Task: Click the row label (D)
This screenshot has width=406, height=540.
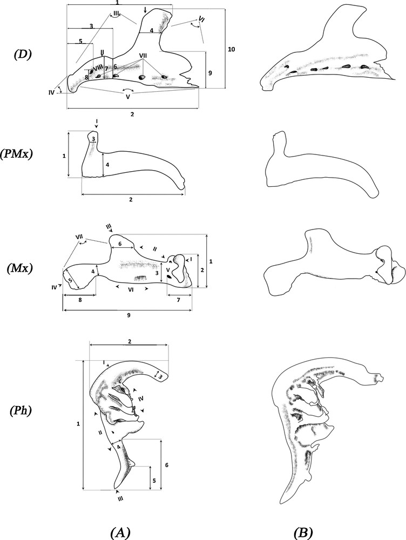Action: pos(24,55)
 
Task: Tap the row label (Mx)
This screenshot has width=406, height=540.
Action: pos(24,268)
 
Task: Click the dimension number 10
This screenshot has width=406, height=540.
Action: pos(232,50)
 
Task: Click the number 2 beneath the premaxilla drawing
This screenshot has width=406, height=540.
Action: pos(132,199)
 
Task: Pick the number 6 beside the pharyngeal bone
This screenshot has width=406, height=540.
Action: pos(166,464)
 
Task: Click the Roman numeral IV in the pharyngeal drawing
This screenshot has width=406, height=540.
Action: pos(140,399)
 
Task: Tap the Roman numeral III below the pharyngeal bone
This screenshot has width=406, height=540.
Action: pos(120,499)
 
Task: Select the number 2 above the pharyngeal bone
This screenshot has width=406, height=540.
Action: pos(130,341)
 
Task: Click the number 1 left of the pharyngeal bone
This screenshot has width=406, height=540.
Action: pos(79,424)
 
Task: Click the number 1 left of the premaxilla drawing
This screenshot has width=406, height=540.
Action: pos(64,156)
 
